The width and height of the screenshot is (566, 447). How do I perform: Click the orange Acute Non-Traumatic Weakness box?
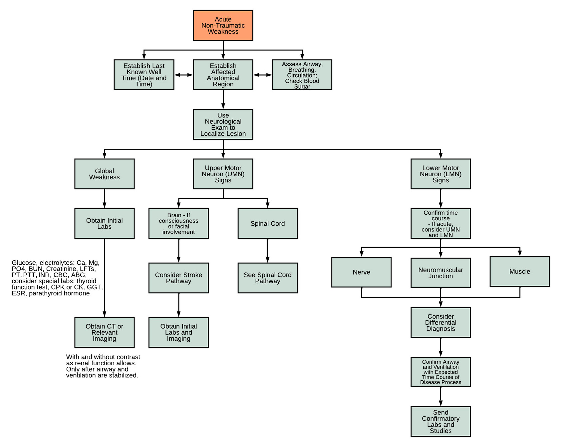point(223,25)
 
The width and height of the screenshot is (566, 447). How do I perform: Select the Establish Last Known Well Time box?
point(144,75)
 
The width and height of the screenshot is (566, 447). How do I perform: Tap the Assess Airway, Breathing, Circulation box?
point(302,75)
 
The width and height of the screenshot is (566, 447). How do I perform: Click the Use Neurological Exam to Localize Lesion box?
point(223,124)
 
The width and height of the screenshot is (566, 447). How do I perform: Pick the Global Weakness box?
point(105,174)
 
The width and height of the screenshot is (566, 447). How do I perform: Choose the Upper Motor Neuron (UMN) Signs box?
point(223,174)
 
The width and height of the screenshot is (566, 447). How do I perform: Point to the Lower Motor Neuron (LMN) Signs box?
point(440,174)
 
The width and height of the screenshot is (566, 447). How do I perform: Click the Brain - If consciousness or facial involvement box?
point(178,223)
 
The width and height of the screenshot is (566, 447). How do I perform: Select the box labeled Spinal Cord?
point(268,223)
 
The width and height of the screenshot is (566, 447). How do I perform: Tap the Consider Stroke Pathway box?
point(178,278)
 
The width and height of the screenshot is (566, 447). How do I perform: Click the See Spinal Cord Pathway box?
point(268,278)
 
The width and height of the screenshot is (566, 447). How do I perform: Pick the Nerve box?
point(362,272)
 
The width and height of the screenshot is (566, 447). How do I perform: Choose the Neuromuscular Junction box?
point(440,273)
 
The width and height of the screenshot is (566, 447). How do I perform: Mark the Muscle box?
point(520,271)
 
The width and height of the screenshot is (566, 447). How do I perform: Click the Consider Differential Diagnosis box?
point(440,322)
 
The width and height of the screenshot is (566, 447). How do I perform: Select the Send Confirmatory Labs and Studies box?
point(440,421)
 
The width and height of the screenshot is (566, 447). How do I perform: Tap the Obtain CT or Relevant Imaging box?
point(105,332)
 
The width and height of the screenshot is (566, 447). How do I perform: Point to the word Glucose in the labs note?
point(24,263)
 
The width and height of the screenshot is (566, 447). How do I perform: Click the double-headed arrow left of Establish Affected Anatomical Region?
point(183,75)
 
